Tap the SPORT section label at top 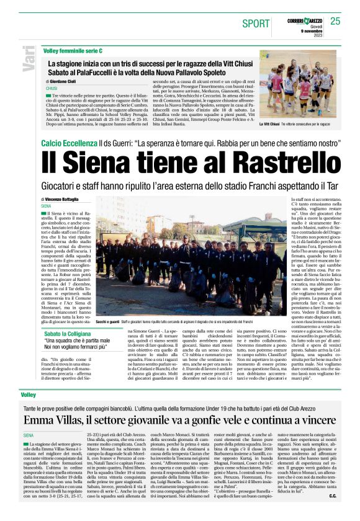(x=256, y=23)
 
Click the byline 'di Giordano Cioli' (x=65, y=82)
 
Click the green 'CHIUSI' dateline (x=51, y=88)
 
